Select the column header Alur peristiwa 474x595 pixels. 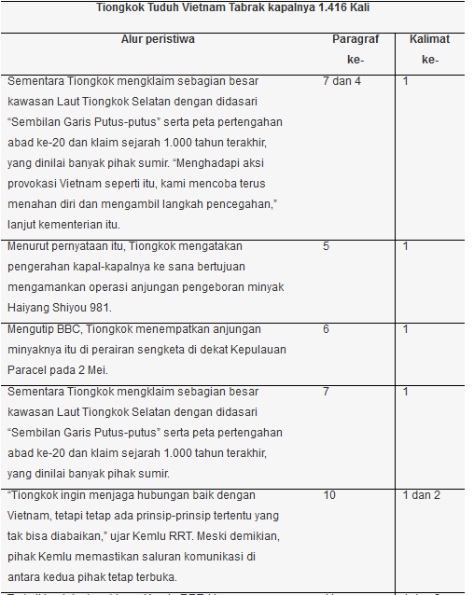pyautogui.click(x=158, y=39)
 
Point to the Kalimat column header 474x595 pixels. pyautogui.click(x=429, y=39)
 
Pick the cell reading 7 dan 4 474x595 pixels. pyautogui.click(x=342, y=82)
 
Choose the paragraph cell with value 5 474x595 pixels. pyautogui.click(x=327, y=246)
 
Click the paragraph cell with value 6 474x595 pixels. pyautogui.click(x=327, y=329)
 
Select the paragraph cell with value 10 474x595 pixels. pyautogui.click(x=329, y=494)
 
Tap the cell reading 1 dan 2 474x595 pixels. pyautogui.click(x=421, y=494)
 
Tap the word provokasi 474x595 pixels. pyautogui.click(x=35, y=184)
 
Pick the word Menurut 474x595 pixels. pyautogui.click(x=30, y=246)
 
